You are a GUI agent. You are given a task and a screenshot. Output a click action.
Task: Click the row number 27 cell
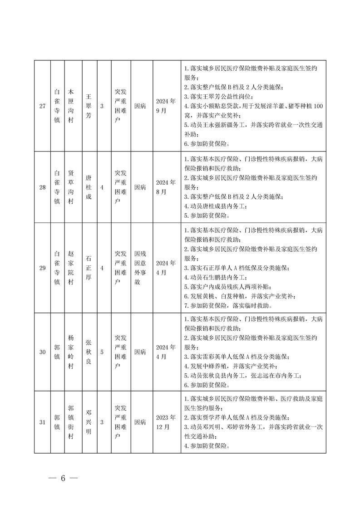42,106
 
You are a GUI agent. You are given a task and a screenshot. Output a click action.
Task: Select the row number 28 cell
42,187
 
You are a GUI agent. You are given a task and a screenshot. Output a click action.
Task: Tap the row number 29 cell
42,268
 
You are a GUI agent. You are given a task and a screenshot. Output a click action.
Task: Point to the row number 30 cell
42,352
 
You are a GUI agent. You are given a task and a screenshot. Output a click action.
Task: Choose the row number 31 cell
42,422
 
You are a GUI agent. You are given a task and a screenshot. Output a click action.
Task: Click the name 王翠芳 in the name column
89,106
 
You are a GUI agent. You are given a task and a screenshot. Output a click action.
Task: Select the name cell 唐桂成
89,187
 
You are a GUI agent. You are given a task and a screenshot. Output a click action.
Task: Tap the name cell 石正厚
89,268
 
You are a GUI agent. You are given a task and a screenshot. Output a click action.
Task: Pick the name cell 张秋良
89,352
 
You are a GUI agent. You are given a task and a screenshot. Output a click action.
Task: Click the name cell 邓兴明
89,422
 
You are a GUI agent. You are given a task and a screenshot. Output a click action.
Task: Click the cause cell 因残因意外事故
140,268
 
